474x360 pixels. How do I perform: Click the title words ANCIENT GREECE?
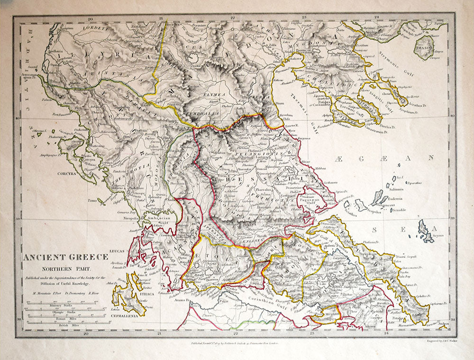click(66, 258)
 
